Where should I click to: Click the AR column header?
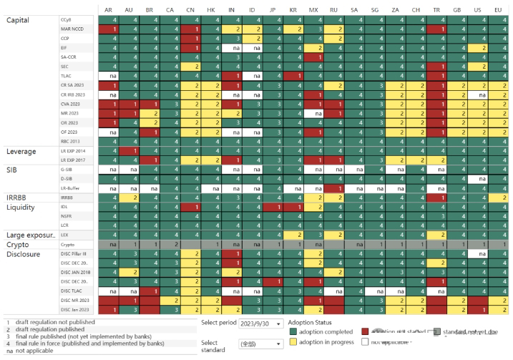[108, 9]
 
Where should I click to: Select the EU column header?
[498, 9]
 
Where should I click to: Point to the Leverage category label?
[26, 152]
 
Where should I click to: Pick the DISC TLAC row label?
[71, 291]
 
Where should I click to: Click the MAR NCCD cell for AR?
[108, 29]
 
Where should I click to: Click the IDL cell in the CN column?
[190, 206]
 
